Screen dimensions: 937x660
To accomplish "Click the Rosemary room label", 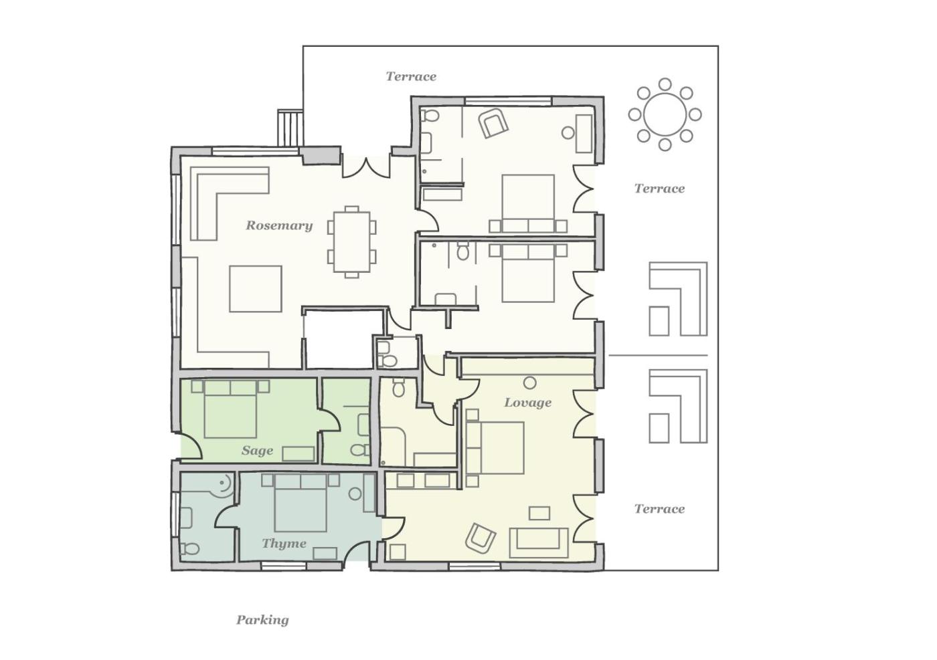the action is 279,226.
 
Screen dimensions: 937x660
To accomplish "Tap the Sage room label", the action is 257,450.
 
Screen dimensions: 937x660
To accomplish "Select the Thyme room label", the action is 284,544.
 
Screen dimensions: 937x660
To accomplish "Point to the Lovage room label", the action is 527,403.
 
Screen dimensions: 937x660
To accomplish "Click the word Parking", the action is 262,620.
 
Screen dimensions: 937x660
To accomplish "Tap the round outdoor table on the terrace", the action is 665,114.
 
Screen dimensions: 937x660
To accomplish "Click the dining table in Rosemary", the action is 352,242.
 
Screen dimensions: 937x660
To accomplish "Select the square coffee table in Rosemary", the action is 256,289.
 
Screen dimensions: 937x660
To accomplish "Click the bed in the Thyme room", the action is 301,504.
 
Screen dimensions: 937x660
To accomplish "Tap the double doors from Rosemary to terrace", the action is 367,167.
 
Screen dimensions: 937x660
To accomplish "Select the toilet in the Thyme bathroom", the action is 189,548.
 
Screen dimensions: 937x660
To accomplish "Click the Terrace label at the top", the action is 411,76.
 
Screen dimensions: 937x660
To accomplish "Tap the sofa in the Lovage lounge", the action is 538,542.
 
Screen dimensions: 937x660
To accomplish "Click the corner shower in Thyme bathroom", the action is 222,485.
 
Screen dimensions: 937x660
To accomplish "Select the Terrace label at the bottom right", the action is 659,509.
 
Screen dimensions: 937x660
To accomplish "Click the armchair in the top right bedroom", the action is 493,123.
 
